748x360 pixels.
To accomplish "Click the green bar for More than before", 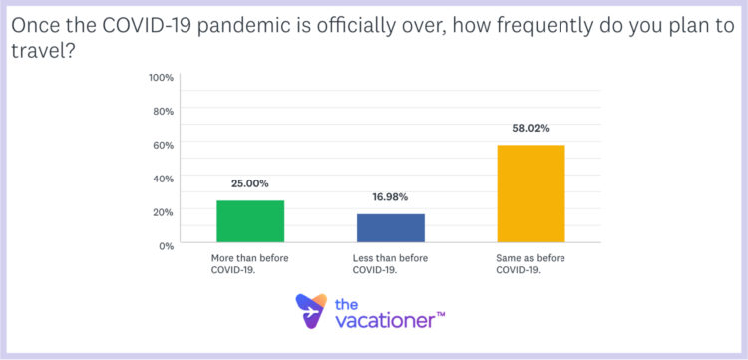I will point(250,221).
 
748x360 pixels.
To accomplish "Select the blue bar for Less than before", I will point(391,228).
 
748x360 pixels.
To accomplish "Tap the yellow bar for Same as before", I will point(531,193).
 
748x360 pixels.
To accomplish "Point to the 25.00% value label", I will point(250,184).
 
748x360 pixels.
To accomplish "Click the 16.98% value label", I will point(391,197).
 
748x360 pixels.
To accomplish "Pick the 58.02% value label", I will point(531,129).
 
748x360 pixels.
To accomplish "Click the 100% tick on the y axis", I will point(161,77).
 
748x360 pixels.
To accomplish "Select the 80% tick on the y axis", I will point(163,111).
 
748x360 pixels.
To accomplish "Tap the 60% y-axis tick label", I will point(163,145).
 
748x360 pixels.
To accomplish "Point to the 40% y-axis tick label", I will point(163,179).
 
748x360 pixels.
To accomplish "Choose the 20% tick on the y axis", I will point(163,211).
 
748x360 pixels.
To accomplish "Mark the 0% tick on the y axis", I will point(166,245).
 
